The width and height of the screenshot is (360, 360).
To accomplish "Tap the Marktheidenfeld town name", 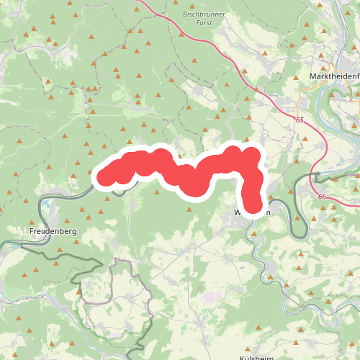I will (333, 76).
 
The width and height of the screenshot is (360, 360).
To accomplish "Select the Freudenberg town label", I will (53, 231).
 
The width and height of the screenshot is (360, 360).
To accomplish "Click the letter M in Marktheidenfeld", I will (311, 76).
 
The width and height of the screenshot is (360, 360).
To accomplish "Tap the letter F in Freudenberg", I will (33, 231).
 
